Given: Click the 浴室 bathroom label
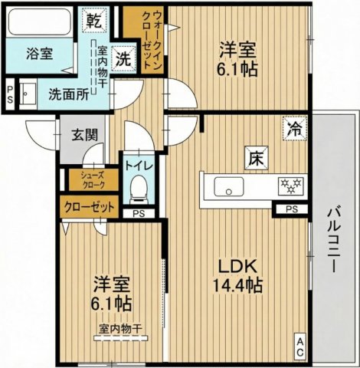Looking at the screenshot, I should click(38, 54).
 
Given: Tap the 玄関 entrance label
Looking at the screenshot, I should click(84, 136).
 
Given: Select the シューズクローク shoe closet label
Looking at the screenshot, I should click(90, 180).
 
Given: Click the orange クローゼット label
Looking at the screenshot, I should click(89, 206).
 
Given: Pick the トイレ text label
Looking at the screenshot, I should click(139, 165).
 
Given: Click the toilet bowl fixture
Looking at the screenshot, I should click(139, 187).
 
